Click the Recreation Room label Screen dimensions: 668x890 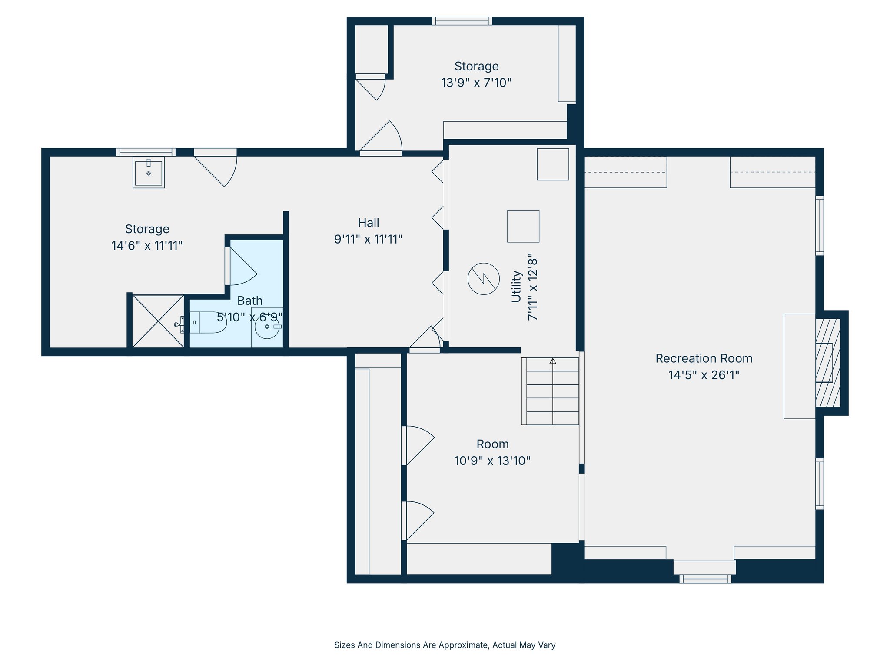pos(704,358)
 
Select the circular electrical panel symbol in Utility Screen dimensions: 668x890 pos(483,279)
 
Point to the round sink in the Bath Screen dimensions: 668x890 pos(267,327)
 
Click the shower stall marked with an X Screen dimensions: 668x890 pos(158,321)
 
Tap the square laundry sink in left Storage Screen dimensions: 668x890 pos(149,173)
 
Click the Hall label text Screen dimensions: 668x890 pos(369,223)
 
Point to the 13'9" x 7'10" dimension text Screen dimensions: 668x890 pos(476,83)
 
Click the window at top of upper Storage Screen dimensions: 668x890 pos(462,21)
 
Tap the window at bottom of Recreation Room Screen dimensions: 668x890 pos(705,579)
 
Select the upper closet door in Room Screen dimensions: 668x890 pos(418,444)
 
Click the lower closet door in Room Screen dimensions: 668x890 pos(418,520)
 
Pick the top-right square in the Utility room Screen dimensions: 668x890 pos(553,164)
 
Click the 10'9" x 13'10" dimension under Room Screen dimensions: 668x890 pos(492,461)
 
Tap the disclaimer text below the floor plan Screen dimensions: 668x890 pos(445,645)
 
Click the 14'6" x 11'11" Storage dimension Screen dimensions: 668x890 pos(147,246)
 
